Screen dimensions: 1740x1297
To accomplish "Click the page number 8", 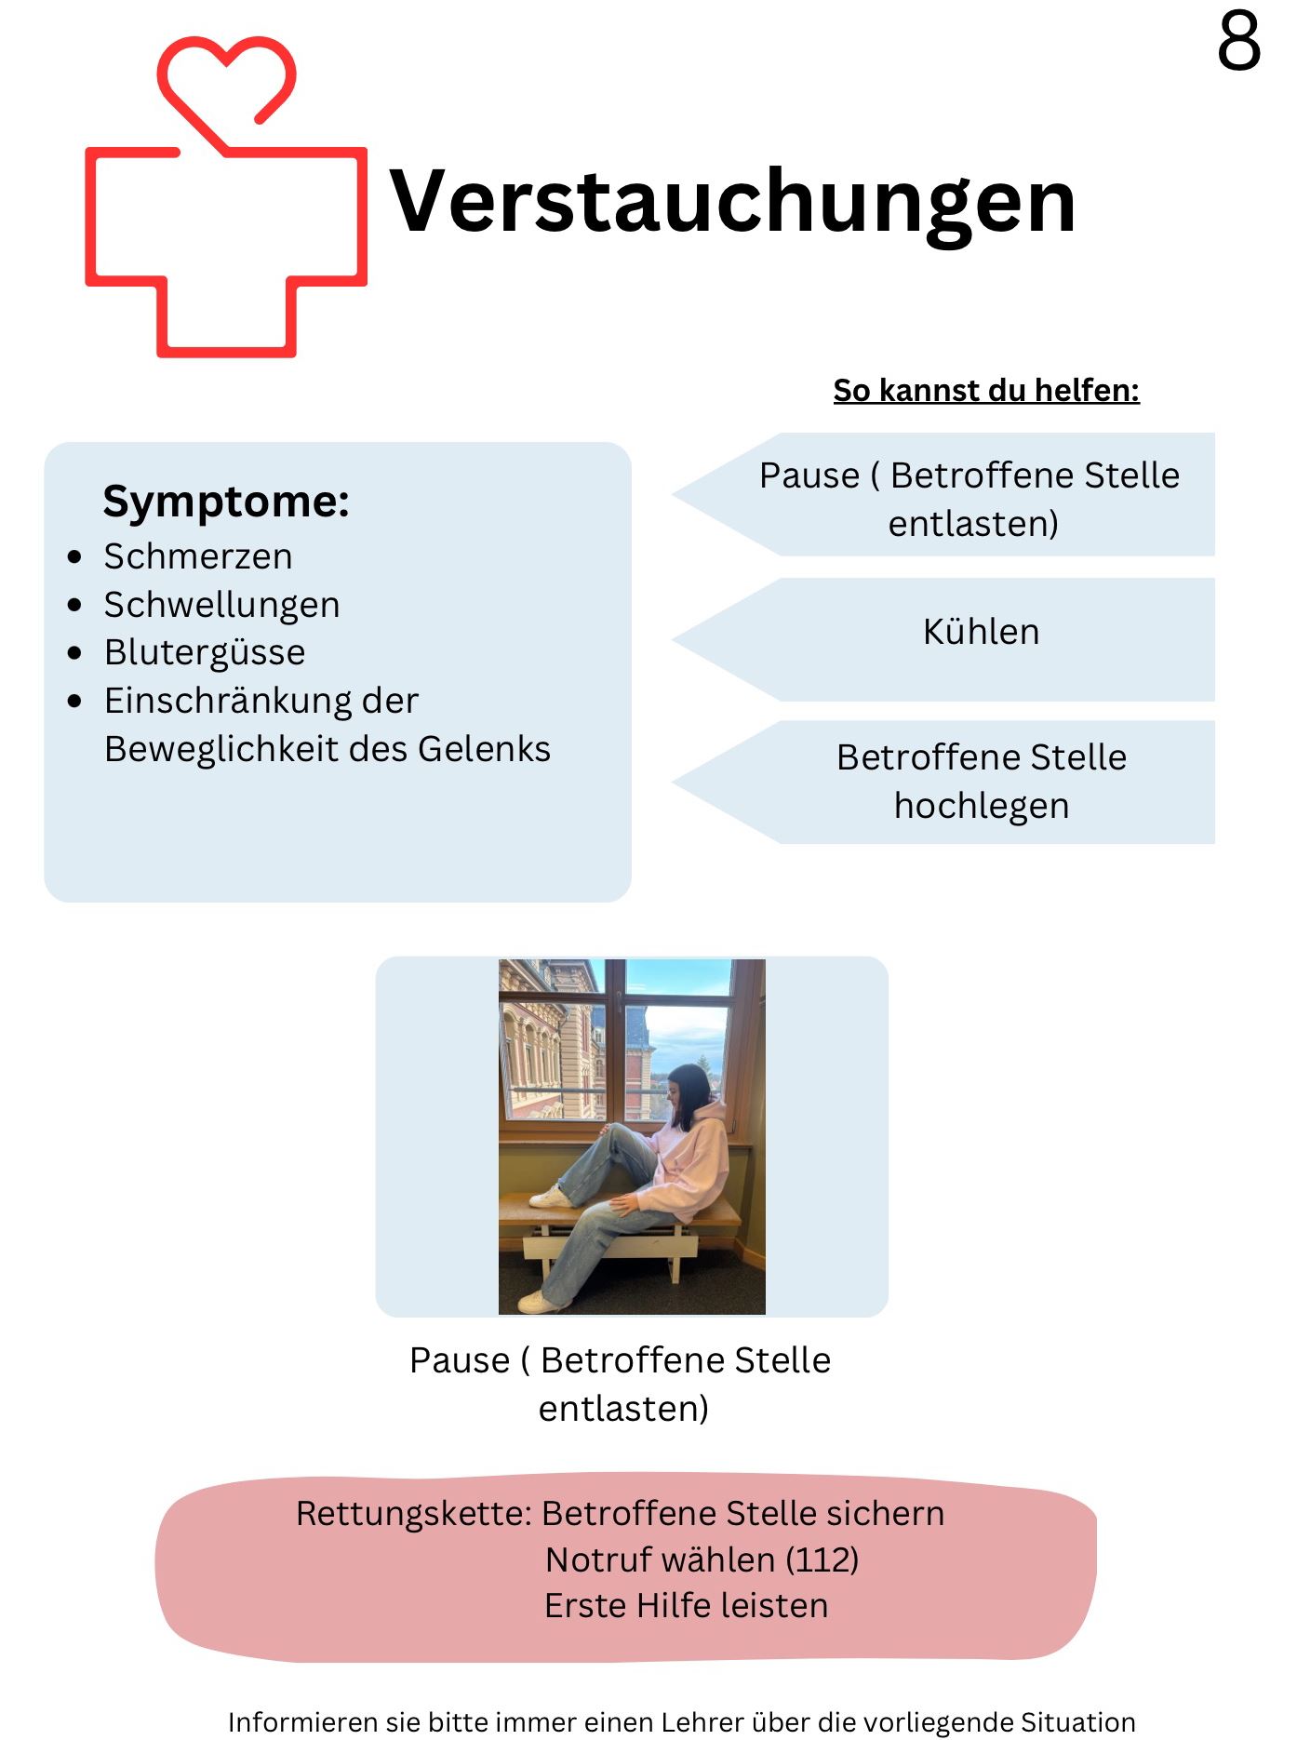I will pyautogui.click(x=1238, y=43).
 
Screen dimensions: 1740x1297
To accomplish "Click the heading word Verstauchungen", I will pyautogui.click(x=732, y=202).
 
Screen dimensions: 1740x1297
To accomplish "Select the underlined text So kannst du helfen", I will pyautogui.click(x=985, y=391).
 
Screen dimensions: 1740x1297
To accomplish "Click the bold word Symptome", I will pyautogui.click(x=226, y=502).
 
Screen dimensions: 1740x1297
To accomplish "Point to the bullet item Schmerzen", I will pyautogui.click(x=198, y=556).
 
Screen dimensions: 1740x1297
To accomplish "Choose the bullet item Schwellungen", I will pyautogui.click(x=221, y=605).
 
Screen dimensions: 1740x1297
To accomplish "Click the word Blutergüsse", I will pyautogui.click(x=205, y=652).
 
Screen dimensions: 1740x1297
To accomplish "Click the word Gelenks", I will pyautogui.click(x=484, y=749).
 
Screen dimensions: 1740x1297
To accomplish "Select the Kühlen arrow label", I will pyautogui.click(x=981, y=633).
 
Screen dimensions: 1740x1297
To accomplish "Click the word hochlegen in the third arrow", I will pyautogui.click(x=981, y=806).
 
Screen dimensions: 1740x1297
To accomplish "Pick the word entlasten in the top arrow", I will pyautogui.click(x=972, y=524).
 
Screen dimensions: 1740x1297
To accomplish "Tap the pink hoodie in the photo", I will pyautogui.click(x=690, y=1163).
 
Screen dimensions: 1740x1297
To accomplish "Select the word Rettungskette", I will pyautogui.click(x=412, y=1514).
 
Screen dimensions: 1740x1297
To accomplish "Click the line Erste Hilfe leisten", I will pyautogui.click(x=686, y=1606).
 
